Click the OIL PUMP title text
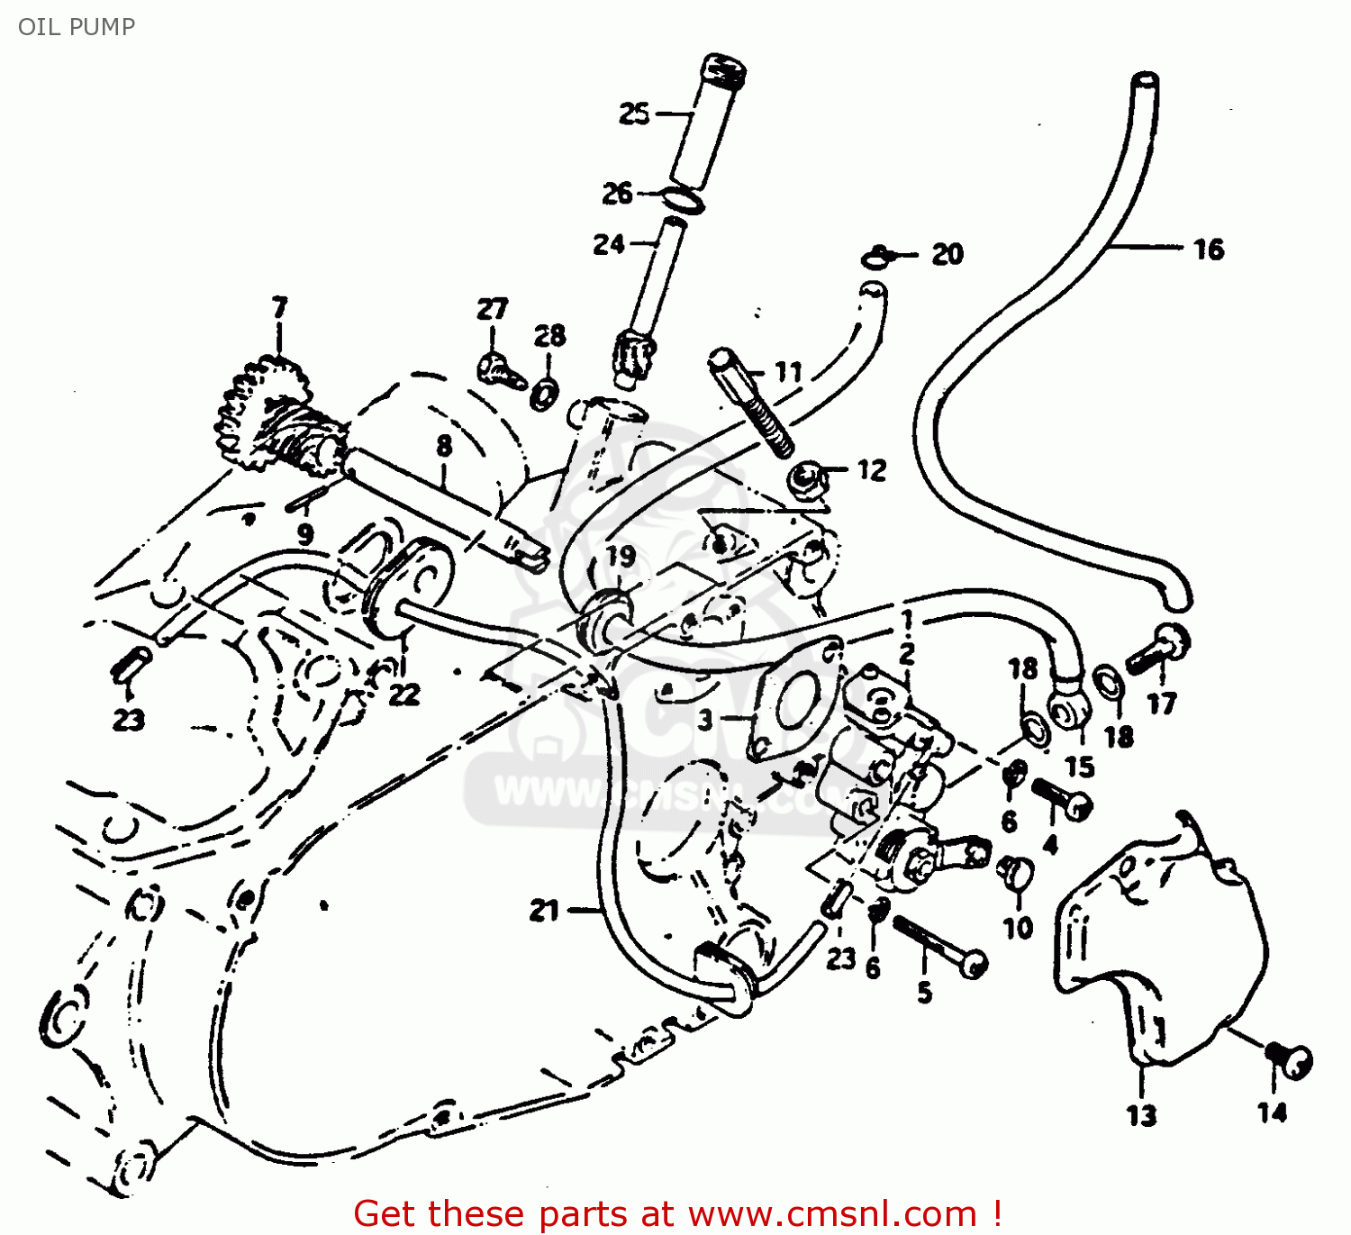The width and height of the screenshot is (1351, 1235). [77, 26]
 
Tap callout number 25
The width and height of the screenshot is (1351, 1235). [634, 114]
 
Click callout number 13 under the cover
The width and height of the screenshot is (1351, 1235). [1141, 1115]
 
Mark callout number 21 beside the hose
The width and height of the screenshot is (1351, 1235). [544, 911]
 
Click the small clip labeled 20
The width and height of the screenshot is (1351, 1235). [877, 258]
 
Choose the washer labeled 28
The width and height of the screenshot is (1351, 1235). [544, 393]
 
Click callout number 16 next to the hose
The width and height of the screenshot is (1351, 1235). [1208, 250]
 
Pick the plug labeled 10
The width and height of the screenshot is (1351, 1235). [1016, 871]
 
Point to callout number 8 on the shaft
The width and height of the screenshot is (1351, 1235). [443, 446]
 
